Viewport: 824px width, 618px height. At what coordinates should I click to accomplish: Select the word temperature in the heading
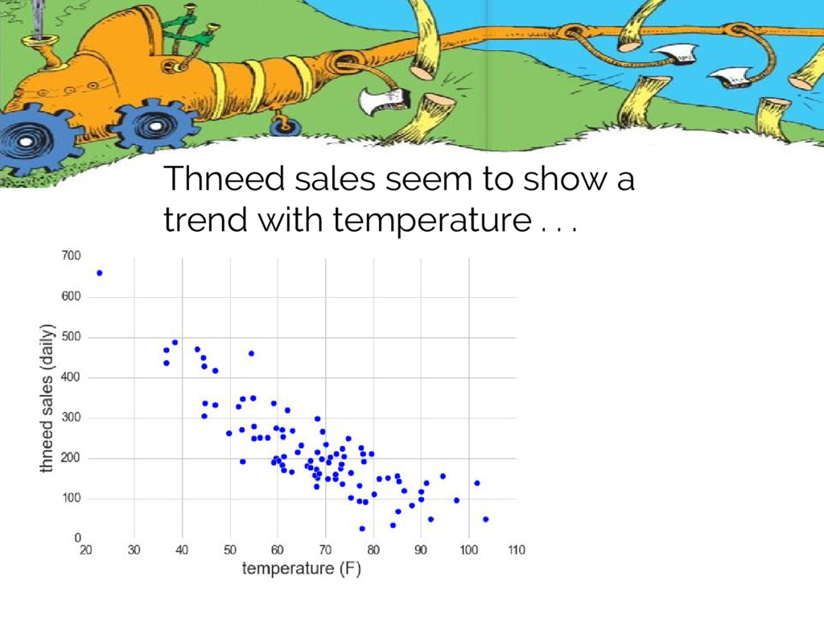coord(432,220)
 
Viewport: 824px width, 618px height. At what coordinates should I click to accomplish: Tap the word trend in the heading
coord(205,219)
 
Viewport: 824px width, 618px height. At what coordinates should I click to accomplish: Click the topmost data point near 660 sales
coord(100,274)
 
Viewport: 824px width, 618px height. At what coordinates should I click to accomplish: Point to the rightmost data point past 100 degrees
coord(485,519)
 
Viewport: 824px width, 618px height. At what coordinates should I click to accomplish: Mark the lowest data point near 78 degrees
coord(362,529)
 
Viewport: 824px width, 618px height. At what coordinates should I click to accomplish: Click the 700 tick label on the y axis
coord(71,256)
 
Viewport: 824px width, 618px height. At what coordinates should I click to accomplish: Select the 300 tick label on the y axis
coord(71,418)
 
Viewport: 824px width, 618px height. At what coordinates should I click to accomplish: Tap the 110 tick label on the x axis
coord(517,550)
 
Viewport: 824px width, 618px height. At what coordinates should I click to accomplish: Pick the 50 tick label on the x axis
coord(230,550)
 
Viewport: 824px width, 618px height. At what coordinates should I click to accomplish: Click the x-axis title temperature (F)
coord(302,569)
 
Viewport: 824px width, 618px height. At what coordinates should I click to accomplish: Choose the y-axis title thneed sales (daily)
coord(47,398)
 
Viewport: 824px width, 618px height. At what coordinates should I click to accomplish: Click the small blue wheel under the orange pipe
coord(284,126)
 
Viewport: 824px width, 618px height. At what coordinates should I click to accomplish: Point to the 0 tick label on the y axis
coord(78,538)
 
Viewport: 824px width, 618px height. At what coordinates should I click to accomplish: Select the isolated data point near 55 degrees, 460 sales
coord(251,354)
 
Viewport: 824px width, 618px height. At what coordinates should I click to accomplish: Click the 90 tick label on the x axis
coord(420,550)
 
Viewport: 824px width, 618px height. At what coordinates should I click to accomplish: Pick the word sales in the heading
coord(335,178)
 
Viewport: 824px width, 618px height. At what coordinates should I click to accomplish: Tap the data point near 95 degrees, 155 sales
coord(443,476)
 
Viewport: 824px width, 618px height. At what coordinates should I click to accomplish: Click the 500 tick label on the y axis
coord(71,337)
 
